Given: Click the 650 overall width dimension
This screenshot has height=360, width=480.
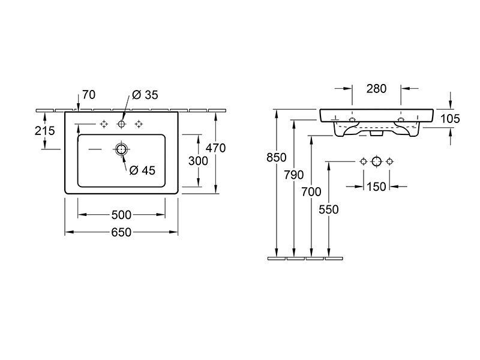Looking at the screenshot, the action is pos(121,232).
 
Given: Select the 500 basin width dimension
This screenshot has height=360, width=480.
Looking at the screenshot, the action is pos(121,215).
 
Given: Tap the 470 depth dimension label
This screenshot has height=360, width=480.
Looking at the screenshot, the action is pos(215,148).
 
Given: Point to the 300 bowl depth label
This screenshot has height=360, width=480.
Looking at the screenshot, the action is pos(198,161).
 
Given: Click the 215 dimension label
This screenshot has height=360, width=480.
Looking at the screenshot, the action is pos(44,131).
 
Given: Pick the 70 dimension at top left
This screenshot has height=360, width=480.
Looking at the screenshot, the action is pos(89,95).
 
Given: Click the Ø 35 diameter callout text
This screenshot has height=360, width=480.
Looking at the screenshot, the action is pos(145,95).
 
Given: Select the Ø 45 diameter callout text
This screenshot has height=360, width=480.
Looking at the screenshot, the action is pos(142,170).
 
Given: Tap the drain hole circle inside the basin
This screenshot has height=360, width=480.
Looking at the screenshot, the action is pos(122,149).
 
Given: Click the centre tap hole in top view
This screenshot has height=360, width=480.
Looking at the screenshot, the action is pos(122,124).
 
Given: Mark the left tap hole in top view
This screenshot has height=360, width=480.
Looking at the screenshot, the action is pos(104,124).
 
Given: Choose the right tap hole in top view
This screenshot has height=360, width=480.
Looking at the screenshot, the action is pos(139,124).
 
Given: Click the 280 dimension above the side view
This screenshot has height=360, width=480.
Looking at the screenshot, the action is pos(377,89).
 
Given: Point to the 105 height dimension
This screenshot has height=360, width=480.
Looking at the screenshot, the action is pos(450,118).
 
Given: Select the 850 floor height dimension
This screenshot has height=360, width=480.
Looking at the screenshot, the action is pos(277,157).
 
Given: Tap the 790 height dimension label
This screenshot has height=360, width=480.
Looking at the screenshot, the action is pos(294,175).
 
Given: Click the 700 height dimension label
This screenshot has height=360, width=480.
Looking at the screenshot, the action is pos(311,192).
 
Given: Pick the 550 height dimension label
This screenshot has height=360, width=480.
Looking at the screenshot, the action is pos(329,209).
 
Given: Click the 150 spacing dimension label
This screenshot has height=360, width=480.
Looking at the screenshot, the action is pos(376,187).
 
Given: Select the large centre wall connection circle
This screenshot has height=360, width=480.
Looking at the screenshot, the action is pos(377,161).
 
